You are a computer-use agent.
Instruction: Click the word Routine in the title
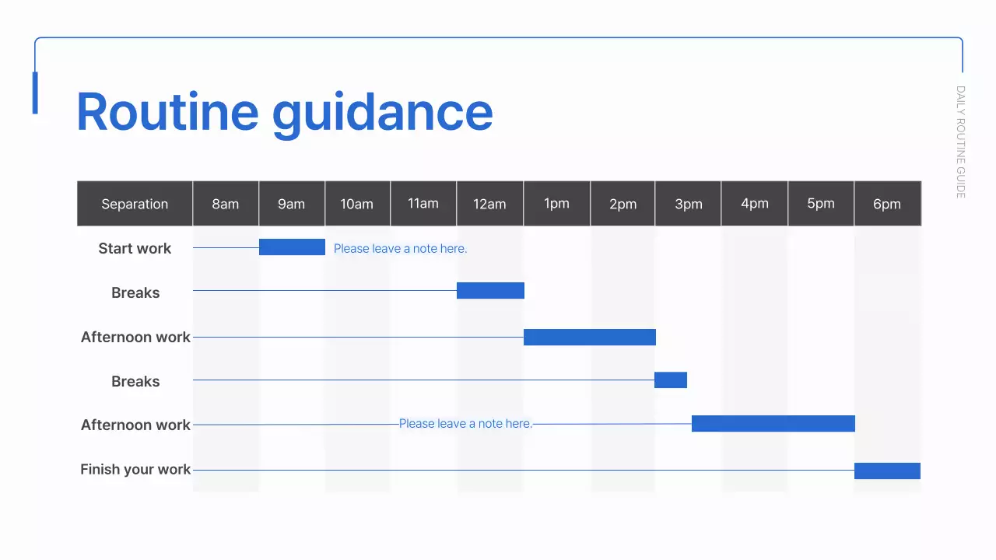pyautogui.click(x=167, y=112)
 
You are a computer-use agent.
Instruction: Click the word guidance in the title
pyautogui.click(x=382, y=114)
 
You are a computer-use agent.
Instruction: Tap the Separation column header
pyautogui.click(x=135, y=204)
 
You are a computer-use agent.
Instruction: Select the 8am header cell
pyautogui.click(x=226, y=204)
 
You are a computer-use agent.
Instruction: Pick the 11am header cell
pyautogui.click(x=423, y=204)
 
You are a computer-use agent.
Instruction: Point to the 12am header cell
pyautogui.click(x=489, y=204)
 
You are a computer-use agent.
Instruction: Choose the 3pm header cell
pyautogui.click(x=689, y=204)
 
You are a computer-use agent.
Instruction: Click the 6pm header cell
pyautogui.click(x=887, y=204)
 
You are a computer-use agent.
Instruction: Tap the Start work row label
pyautogui.click(x=135, y=249)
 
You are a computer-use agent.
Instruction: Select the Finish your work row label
pyautogui.click(x=135, y=470)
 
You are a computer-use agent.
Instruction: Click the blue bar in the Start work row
pyautogui.click(x=292, y=247)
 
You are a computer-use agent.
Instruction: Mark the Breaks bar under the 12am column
pyautogui.click(x=490, y=291)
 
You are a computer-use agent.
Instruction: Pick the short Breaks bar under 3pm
pyautogui.click(x=671, y=380)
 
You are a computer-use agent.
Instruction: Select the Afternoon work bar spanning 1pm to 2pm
pyautogui.click(x=590, y=337)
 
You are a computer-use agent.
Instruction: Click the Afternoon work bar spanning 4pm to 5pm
pyautogui.click(x=773, y=424)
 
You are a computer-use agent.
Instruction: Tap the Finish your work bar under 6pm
pyautogui.click(x=887, y=471)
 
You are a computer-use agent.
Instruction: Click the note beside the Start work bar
pyautogui.click(x=400, y=249)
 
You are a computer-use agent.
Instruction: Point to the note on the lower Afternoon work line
pyautogui.click(x=465, y=424)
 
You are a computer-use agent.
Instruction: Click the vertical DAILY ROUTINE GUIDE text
pyautogui.click(x=960, y=142)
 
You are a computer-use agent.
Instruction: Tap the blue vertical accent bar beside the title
pyautogui.click(x=35, y=93)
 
